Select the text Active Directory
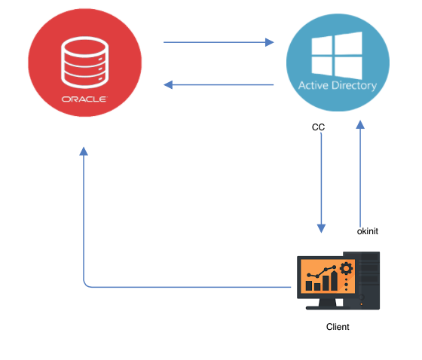click(338, 85)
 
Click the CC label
click(318, 127)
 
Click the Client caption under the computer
click(338, 327)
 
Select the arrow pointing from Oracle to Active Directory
click(219, 42)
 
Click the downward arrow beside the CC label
click(322, 181)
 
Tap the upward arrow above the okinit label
click(360, 173)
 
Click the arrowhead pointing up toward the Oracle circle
click(84, 151)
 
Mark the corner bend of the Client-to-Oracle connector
click(85, 285)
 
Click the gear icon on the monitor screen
click(346, 269)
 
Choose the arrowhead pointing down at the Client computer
click(322, 227)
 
